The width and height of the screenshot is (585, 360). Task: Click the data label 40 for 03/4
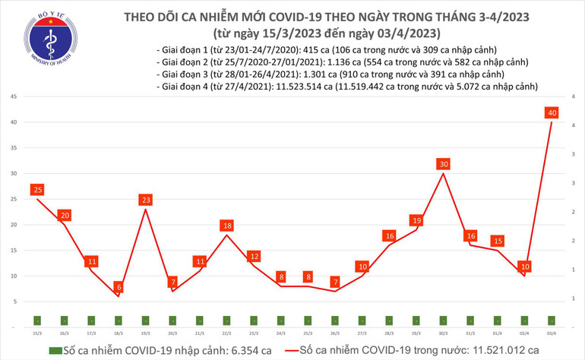(x=552, y=113)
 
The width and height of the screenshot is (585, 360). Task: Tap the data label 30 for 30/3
(x=444, y=164)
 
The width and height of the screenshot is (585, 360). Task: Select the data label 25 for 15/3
(x=36, y=189)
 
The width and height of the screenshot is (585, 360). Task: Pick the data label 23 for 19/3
(x=145, y=200)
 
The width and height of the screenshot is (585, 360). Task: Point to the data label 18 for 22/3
(x=226, y=226)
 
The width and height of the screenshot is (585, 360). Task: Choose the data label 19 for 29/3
(x=416, y=220)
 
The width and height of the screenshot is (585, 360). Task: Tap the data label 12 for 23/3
(x=254, y=256)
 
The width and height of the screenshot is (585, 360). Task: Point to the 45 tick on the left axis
(x=14, y=97)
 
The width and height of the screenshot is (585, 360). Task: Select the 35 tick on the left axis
(x=14, y=148)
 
